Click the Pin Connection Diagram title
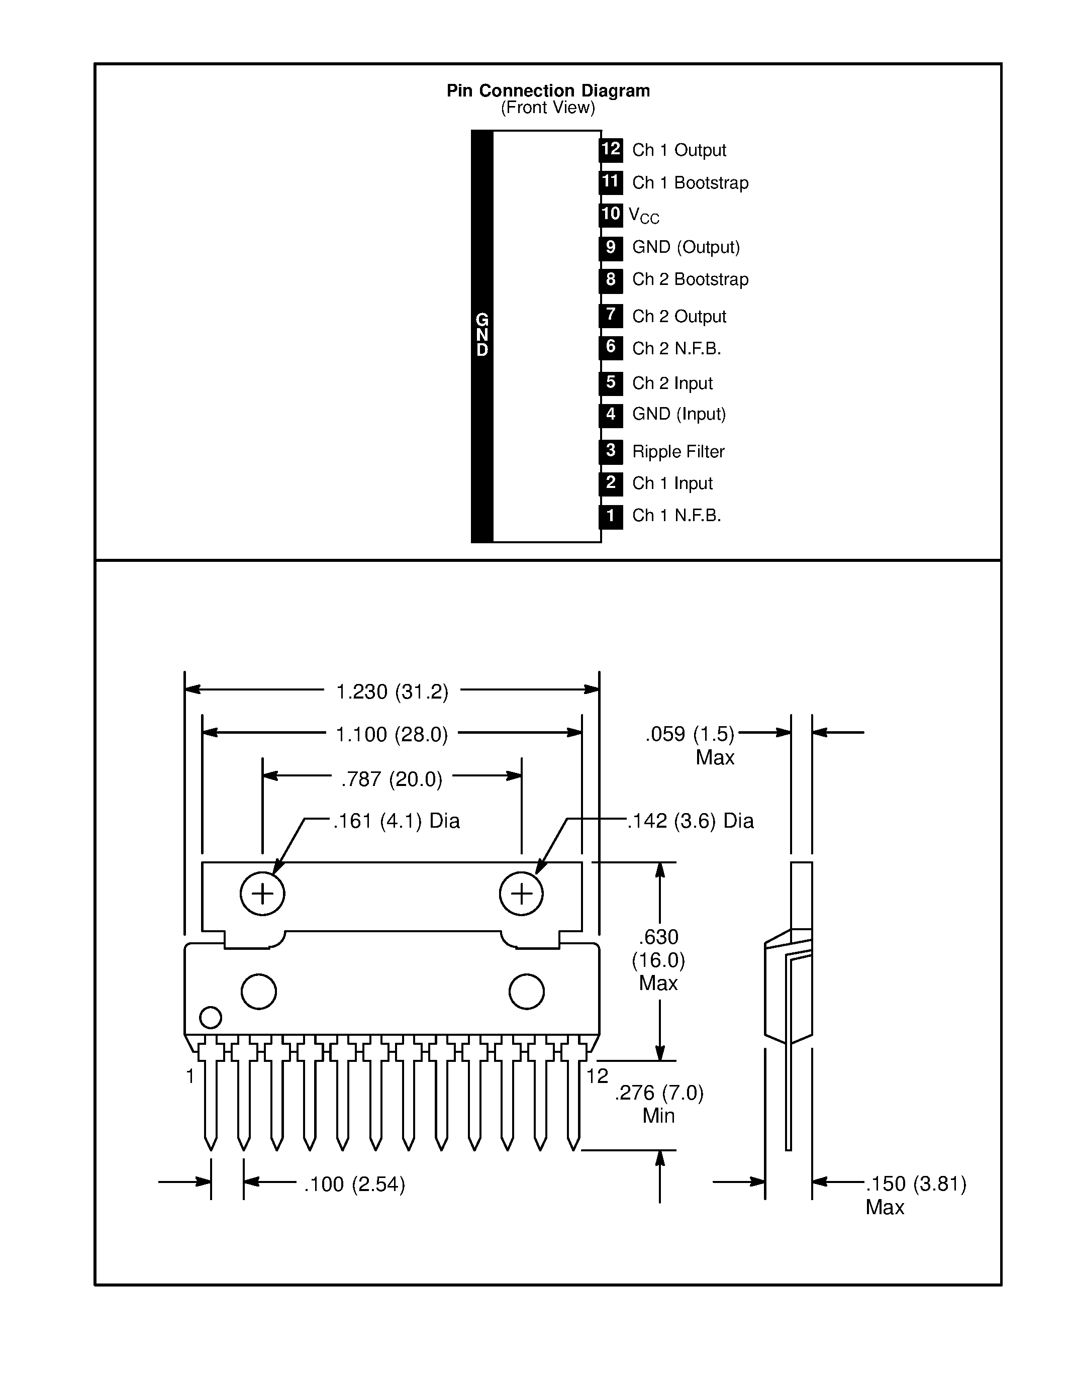click(548, 90)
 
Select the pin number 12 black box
click(611, 150)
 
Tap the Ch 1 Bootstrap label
click(690, 183)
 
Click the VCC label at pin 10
click(643, 216)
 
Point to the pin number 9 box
click(611, 247)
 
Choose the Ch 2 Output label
click(679, 317)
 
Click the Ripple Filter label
click(678, 452)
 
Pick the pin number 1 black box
click(611, 516)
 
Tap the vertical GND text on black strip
click(482, 335)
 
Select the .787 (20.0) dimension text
click(392, 779)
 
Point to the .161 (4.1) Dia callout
click(396, 821)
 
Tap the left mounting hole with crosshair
click(262, 894)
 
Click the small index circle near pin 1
click(210, 1018)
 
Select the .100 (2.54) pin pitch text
click(354, 1184)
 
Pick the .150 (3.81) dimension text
click(916, 1184)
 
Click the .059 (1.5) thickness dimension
click(690, 734)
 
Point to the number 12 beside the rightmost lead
click(597, 1076)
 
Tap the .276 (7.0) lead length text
click(659, 1093)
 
